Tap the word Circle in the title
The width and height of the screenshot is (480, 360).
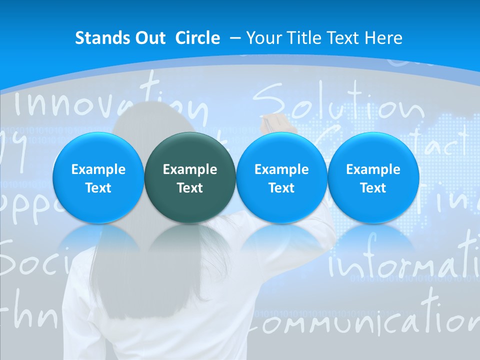tap(197, 38)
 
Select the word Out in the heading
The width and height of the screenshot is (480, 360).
tap(148, 38)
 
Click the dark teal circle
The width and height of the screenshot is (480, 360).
tap(190, 178)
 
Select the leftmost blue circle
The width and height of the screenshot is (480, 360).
tap(98, 178)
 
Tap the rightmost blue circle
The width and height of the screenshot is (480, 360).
tap(373, 178)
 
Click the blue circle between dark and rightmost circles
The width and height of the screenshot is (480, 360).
tap(281, 178)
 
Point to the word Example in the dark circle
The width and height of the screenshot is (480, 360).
tap(190, 169)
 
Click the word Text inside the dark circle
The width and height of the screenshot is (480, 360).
tap(190, 188)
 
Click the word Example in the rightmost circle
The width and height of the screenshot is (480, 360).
tap(373, 169)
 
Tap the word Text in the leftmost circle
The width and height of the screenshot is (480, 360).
tap(98, 188)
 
